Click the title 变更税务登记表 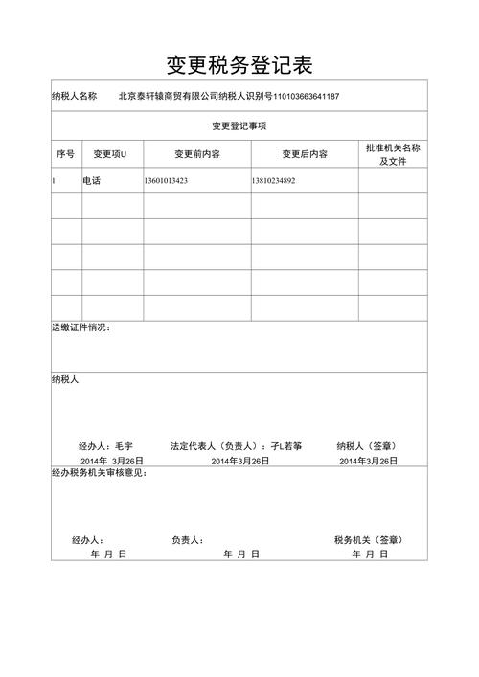[x=239, y=64]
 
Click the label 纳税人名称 [x=75, y=96]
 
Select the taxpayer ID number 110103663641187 [x=307, y=96]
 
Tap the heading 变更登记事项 [x=239, y=125]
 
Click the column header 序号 [x=65, y=154]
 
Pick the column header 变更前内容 [x=197, y=154]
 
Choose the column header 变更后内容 [x=304, y=154]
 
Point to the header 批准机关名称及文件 [x=393, y=154]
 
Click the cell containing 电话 [x=92, y=180]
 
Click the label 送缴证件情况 [x=80, y=328]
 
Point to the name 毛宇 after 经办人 [x=124, y=446]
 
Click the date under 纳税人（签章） [x=368, y=461]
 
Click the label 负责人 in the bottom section [x=187, y=540]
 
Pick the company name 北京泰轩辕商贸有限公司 [x=169, y=96]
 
